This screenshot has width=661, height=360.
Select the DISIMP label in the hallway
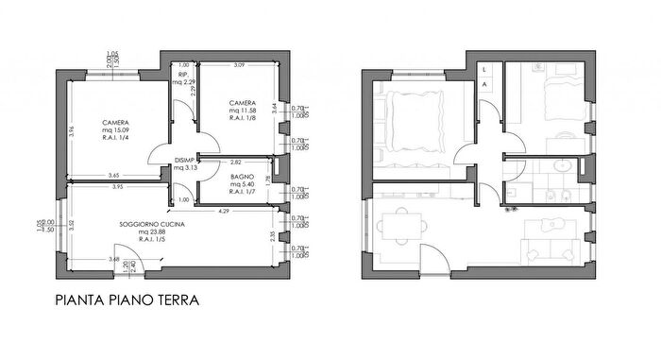point(183,161)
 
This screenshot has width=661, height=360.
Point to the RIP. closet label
point(183,75)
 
